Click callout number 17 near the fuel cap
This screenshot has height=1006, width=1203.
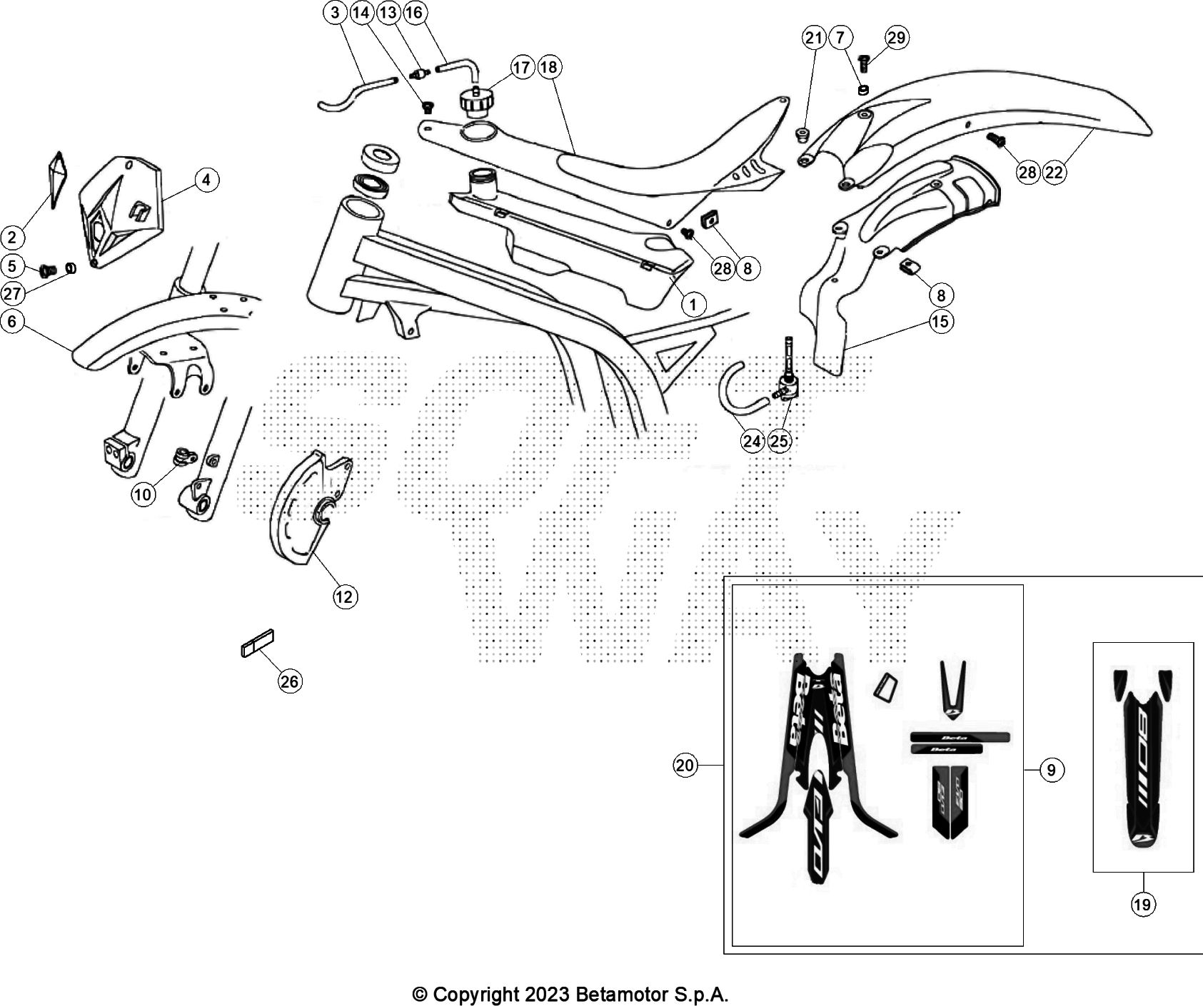(522, 67)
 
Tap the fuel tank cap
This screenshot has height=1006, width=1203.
(474, 102)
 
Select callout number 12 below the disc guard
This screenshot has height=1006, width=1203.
(345, 596)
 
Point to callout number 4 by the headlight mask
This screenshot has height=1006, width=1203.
(206, 180)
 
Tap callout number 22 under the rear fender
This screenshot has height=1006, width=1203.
(1054, 172)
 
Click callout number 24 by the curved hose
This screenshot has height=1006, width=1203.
(752, 441)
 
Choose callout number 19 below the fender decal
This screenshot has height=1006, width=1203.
(1142, 905)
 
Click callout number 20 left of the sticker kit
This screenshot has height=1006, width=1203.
(685, 766)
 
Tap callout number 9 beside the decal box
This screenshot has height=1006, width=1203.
(1052, 770)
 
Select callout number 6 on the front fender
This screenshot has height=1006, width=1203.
(12, 322)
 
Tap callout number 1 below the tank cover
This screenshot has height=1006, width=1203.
(693, 305)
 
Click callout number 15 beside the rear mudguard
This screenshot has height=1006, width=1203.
(940, 322)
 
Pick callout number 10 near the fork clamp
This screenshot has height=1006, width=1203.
(144, 494)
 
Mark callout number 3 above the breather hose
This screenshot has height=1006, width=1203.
(336, 12)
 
